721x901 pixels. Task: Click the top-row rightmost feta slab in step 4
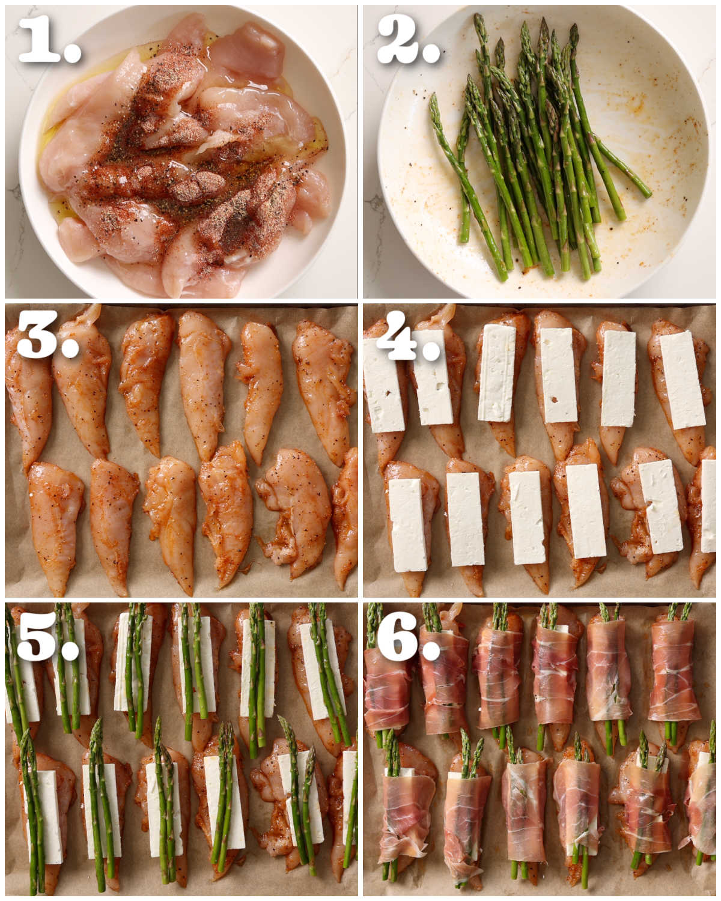click(683, 380)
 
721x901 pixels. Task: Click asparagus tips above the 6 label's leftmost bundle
click(374, 619)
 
